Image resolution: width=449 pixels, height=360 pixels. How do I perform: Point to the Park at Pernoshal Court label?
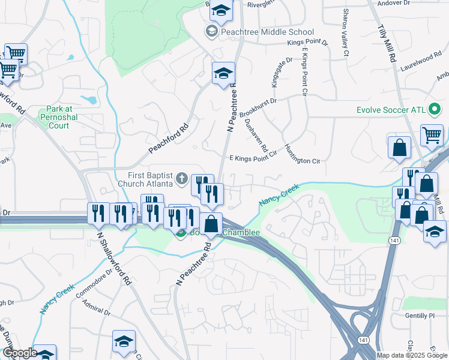(x=59, y=118)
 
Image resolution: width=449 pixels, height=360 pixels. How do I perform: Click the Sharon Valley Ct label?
(x=346, y=32)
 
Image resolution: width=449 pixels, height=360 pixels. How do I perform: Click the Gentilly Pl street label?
(x=420, y=316)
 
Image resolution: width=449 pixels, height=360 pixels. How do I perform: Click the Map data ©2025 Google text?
(x=412, y=355)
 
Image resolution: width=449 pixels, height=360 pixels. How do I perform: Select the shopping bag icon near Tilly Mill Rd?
(x=399, y=148)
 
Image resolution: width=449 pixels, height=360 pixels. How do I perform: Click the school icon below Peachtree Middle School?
(x=223, y=74)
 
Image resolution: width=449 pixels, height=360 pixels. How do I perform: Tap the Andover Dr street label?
(x=393, y=3)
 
